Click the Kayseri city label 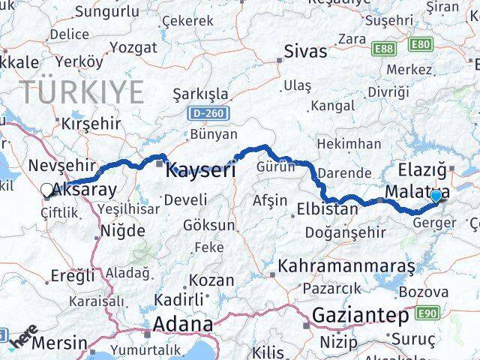200,169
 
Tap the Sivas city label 306,52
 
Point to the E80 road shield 421,46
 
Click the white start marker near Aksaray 47,190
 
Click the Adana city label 182,325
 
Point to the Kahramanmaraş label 346,266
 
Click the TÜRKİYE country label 82,92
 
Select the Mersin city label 58,343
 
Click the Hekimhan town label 349,144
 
